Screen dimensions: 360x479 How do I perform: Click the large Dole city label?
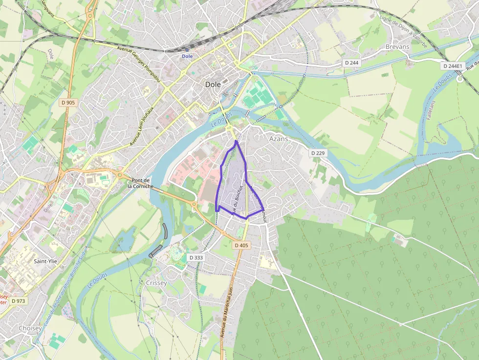pos(213,84)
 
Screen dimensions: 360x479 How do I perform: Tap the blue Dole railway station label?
pos(187,56)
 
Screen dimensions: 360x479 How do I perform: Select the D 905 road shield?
pos(68,103)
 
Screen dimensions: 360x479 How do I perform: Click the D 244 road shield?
pos(351,63)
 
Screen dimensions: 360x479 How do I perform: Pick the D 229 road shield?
pos(318,153)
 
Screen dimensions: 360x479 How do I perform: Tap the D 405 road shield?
pos(241,245)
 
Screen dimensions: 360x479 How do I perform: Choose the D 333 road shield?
pos(196,257)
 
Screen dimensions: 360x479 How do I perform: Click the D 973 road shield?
pos(18,301)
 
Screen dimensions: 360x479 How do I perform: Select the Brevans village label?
pos(397,47)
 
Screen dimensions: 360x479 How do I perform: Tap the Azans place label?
pos(279,139)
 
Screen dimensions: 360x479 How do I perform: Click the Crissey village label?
pos(156,283)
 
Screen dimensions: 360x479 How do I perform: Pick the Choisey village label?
pos(30,328)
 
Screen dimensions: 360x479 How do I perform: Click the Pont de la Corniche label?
pos(140,183)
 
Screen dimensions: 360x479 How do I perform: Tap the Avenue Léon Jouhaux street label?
pos(142,126)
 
